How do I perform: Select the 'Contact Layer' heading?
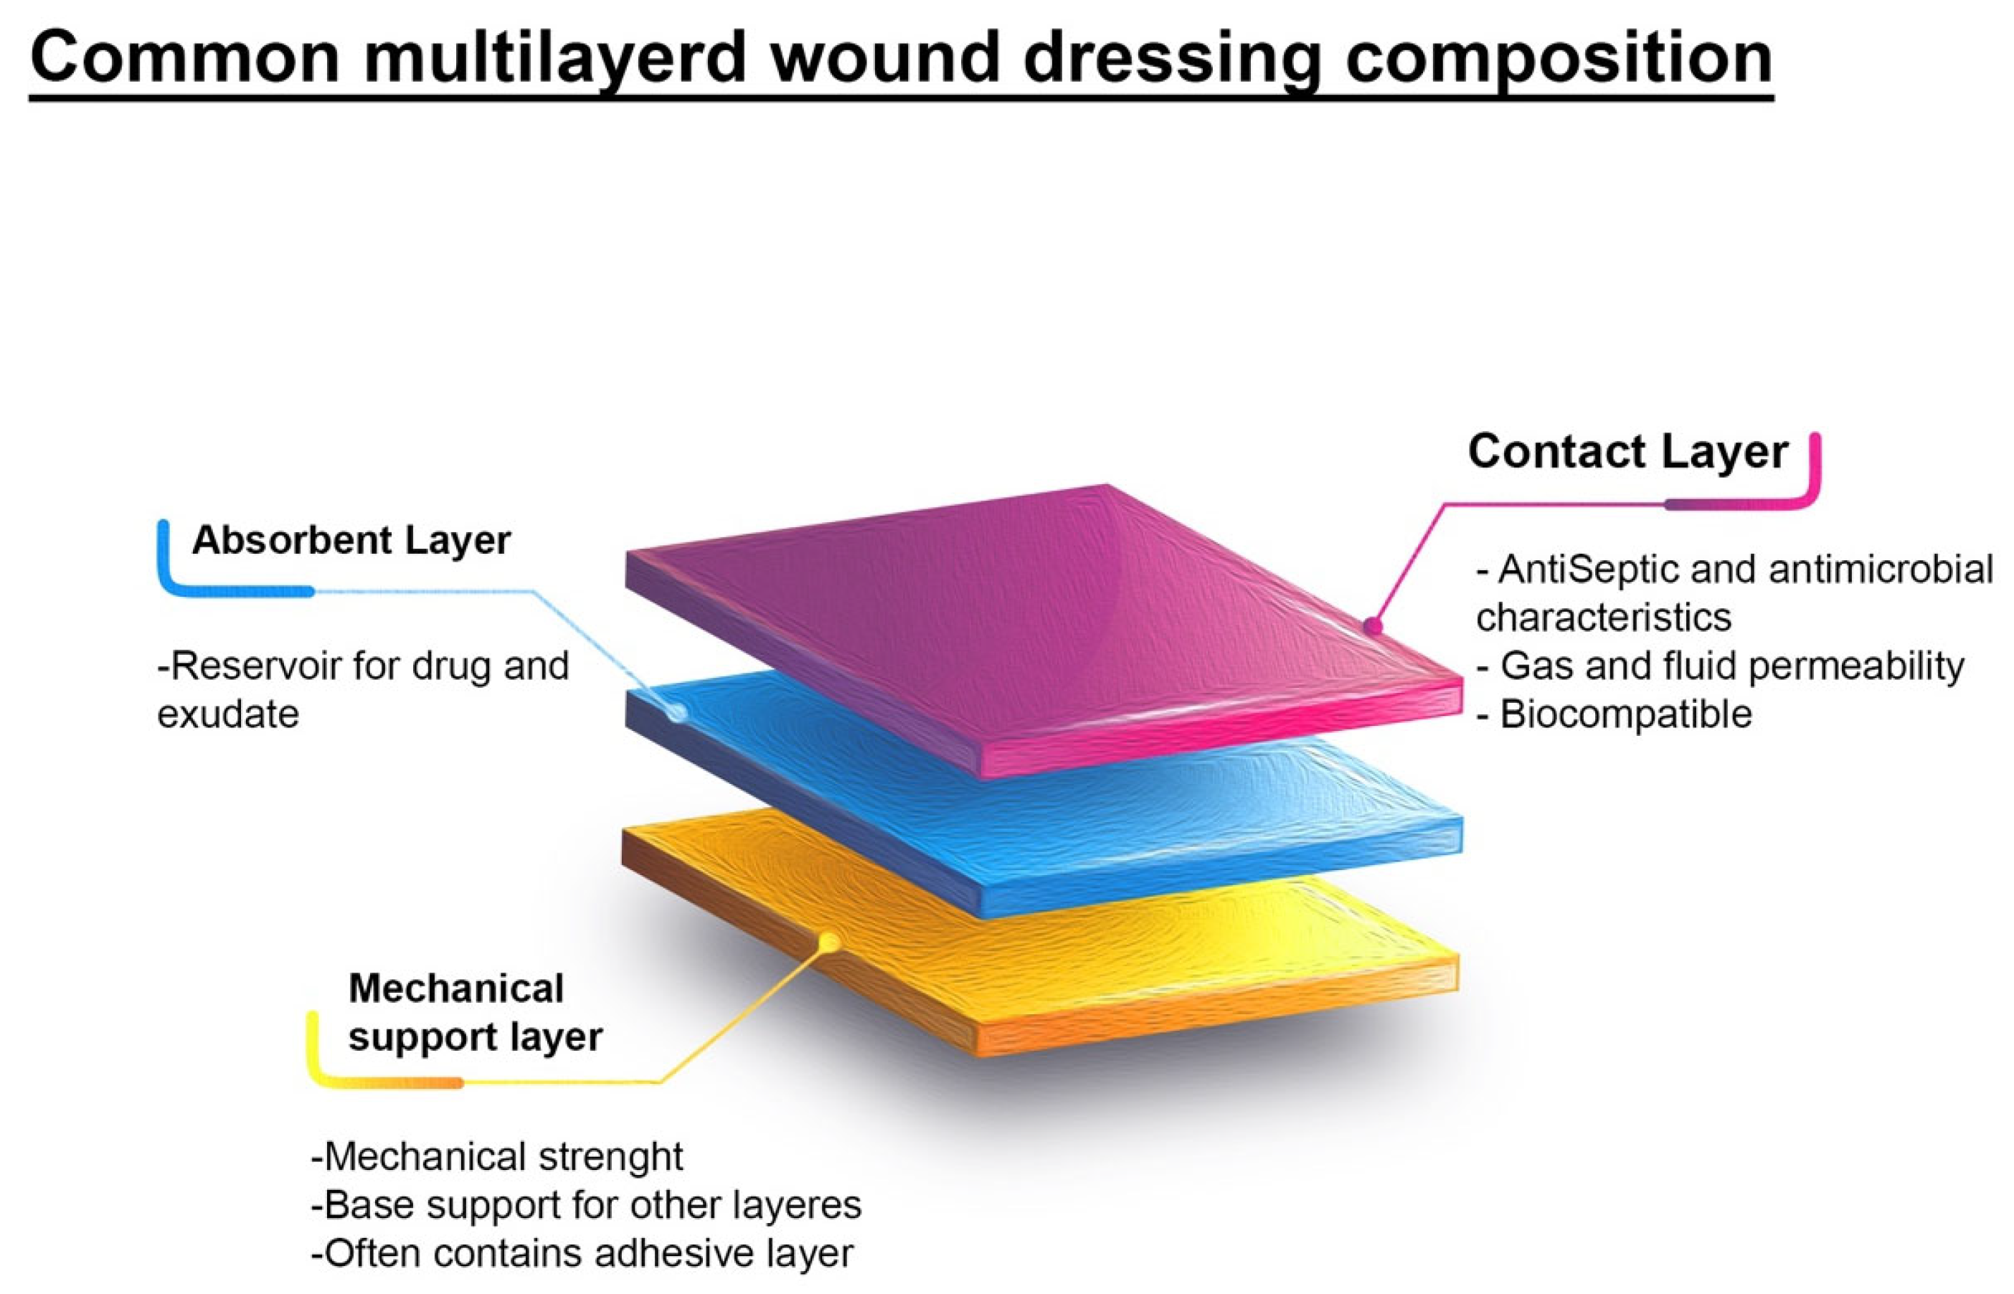(x=1627, y=452)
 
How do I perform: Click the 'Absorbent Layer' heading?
(x=351, y=540)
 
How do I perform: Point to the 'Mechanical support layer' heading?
(x=475, y=1013)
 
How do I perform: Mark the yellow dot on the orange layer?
(x=829, y=942)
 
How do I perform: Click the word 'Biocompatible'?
(x=1626, y=714)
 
